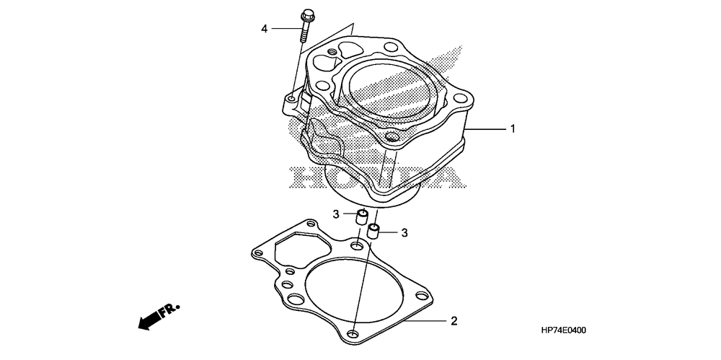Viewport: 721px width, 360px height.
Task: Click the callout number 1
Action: [x=513, y=129]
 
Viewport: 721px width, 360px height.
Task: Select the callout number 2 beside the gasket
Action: [x=454, y=321]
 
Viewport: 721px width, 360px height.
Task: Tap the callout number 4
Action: [x=264, y=29]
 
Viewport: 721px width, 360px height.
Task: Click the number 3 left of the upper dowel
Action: [x=336, y=214]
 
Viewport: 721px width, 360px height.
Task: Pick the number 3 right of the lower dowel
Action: [x=404, y=233]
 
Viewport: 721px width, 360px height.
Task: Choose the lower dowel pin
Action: [x=373, y=231]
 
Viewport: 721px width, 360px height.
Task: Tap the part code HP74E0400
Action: [x=563, y=330]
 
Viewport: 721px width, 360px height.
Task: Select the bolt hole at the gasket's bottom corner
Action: [x=353, y=333]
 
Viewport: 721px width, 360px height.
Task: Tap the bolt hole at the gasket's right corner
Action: [x=421, y=296]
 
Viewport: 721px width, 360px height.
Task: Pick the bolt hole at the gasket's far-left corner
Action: [x=259, y=253]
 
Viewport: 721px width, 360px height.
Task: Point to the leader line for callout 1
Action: [x=487, y=129]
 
